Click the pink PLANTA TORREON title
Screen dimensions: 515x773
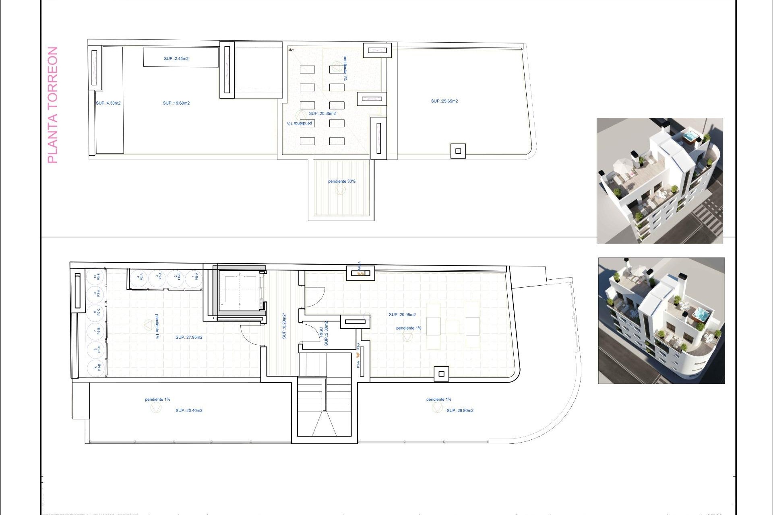point(53,105)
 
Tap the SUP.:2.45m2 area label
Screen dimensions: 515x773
point(176,59)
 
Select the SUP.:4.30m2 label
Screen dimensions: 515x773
point(108,103)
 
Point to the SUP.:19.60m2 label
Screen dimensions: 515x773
point(176,103)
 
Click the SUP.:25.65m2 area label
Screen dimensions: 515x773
point(444,101)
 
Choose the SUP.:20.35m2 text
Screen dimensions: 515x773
point(322,113)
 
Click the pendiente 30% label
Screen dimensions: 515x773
point(341,181)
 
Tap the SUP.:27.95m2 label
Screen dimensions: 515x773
point(189,338)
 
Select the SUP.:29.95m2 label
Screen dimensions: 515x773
point(402,315)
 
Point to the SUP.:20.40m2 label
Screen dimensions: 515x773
point(189,411)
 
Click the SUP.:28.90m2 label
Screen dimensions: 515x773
point(460,411)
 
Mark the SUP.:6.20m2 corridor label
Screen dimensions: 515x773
point(284,326)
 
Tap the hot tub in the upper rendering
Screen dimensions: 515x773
point(691,136)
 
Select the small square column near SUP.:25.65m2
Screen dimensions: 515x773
point(458,151)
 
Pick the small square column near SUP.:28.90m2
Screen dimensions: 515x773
point(441,374)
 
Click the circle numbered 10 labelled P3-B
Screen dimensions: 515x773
point(96,277)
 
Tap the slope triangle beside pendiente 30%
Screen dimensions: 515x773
point(340,190)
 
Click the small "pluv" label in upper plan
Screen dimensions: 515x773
point(291,50)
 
